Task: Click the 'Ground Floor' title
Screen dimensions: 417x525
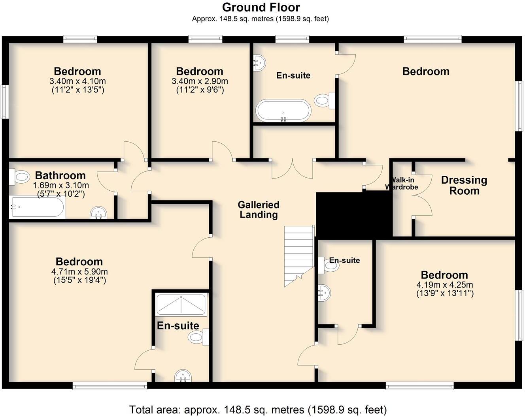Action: pyautogui.click(x=261, y=8)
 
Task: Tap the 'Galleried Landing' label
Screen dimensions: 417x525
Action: pyautogui.click(x=259, y=210)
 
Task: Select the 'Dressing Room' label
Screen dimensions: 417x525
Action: pyautogui.click(x=464, y=185)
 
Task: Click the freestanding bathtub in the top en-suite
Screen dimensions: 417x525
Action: pyautogui.click(x=283, y=110)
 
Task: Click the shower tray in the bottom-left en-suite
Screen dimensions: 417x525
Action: pyautogui.click(x=181, y=305)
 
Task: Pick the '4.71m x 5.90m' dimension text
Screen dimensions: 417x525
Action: pyautogui.click(x=79, y=272)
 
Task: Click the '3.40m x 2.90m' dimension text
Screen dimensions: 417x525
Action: pyautogui.click(x=200, y=81)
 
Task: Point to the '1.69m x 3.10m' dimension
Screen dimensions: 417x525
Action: pyautogui.click(x=61, y=185)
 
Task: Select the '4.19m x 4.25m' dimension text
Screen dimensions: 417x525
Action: pyautogui.click(x=444, y=285)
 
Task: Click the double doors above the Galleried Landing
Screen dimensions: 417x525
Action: pyautogui.click(x=292, y=169)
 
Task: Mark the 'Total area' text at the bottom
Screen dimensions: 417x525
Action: pyautogui.click(x=258, y=409)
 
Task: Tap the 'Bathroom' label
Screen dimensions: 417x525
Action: pyautogui.click(x=60, y=175)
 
